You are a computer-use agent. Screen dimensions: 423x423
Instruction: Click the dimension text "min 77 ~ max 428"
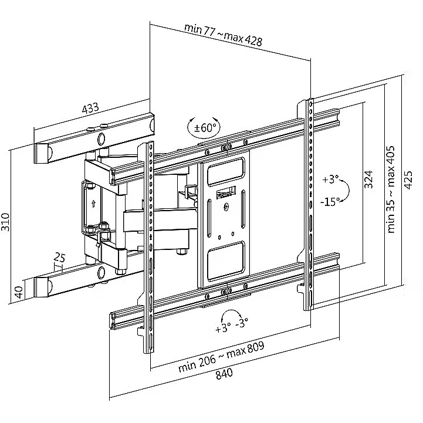point(223,35)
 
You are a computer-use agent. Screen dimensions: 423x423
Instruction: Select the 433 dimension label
point(89,109)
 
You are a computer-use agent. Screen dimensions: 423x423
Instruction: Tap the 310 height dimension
point(6,221)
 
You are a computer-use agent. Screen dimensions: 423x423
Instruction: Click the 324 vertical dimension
point(368,179)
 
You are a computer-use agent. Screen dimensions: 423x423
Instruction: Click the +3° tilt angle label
point(331,178)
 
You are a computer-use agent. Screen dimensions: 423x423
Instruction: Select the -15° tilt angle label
point(331,201)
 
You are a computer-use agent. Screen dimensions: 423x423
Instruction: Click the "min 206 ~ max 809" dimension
point(221,356)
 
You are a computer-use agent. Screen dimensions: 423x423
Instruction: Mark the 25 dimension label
point(59,257)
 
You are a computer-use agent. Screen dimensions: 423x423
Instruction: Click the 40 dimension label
point(18,291)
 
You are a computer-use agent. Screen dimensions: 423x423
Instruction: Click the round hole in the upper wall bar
point(101,139)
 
